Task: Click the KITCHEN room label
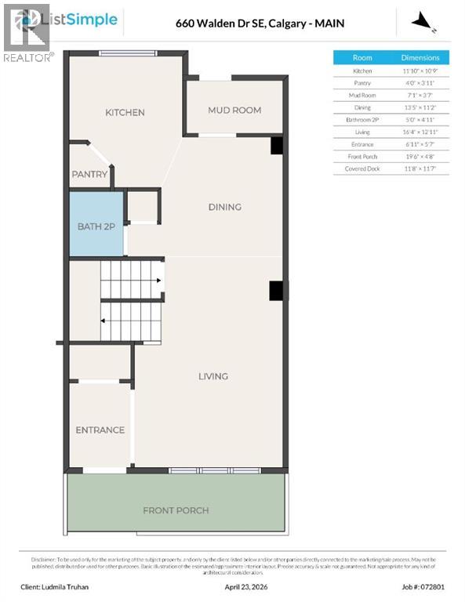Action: coord(125,112)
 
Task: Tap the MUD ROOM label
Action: coord(234,111)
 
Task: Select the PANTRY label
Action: coord(89,174)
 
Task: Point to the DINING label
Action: coord(224,207)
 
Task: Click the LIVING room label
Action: coord(213,376)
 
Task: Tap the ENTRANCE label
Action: coord(100,430)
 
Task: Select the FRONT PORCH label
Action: coord(176,510)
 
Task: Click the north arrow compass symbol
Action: coord(424,21)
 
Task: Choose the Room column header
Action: coord(362,58)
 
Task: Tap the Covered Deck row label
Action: coord(362,169)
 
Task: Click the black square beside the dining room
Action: coord(276,146)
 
